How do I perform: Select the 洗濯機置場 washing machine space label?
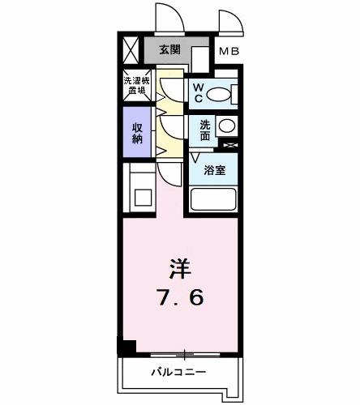pyautogui.click(x=135, y=85)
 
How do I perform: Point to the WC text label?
pyautogui.click(x=197, y=92)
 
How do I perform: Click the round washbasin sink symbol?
pyautogui.click(x=228, y=127)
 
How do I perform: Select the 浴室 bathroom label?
pyautogui.click(x=214, y=170)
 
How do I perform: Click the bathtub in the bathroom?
pyautogui.click(x=212, y=198)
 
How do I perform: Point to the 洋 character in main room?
pyautogui.click(x=180, y=266)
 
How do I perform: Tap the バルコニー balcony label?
pyautogui.click(x=179, y=373)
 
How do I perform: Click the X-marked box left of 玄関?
pyautogui.click(x=131, y=50)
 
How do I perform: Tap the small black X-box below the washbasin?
pyautogui.click(x=231, y=146)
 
